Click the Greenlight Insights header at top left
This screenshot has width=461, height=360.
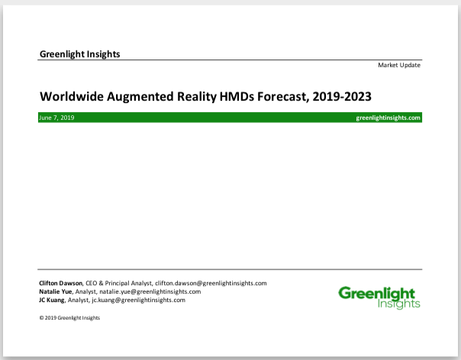click(79, 54)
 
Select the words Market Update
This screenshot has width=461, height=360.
click(399, 66)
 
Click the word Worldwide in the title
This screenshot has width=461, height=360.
click(72, 96)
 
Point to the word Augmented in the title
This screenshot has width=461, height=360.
click(140, 97)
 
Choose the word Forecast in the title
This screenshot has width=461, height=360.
click(283, 97)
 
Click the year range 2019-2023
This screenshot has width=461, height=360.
click(342, 96)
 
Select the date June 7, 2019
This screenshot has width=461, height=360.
click(56, 118)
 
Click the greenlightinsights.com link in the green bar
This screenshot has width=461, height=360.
click(388, 118)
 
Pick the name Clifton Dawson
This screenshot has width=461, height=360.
click(60, 283)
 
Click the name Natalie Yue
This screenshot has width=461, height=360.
click(55, 292)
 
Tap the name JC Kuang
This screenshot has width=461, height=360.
click(51, 300)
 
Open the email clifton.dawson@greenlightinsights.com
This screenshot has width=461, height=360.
click(211, 283)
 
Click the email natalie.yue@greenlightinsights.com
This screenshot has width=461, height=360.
click(150, 292)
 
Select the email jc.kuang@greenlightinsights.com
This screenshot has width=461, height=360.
click(138, 301)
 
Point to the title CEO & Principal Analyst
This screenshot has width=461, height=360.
click(118, 283)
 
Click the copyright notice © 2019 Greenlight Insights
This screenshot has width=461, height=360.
click(69, 318)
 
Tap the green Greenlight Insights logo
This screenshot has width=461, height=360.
click(379, 297)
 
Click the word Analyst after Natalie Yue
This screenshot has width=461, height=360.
click(85, 292)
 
